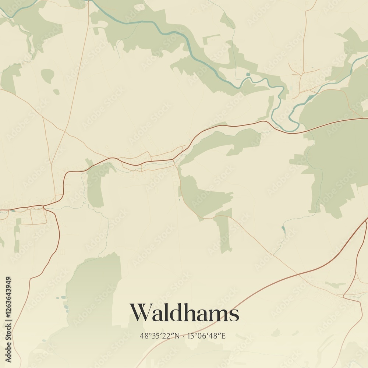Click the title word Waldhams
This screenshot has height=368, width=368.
coord(184,313)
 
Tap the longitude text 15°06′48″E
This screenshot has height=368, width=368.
coord(206,336)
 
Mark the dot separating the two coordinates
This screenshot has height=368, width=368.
coord(184,336)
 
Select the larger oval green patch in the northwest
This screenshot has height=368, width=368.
coord(47,75)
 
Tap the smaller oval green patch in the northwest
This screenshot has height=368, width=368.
coord(56,92)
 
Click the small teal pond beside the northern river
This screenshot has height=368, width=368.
coord(248,75)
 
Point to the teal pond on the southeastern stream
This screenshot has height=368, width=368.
coord(283,229)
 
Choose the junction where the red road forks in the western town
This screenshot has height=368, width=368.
coord(44,207)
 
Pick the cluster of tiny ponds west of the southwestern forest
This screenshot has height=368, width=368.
coord(64,302)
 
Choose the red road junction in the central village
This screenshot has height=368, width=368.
coord(175,159)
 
